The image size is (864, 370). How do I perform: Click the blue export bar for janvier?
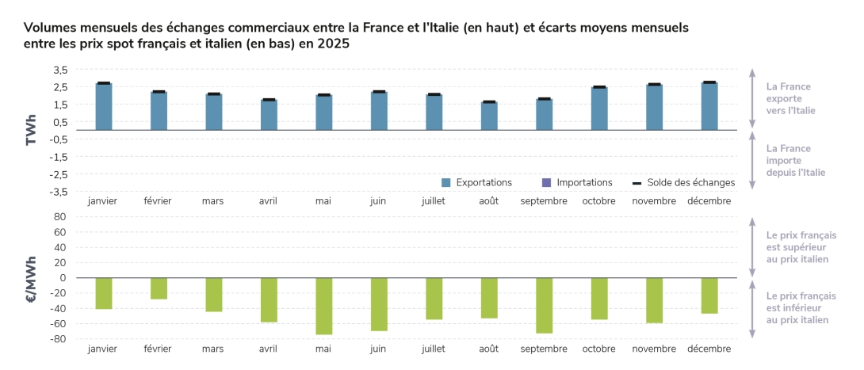(x=103, y=106)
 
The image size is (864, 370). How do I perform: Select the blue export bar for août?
(x=489, y=116)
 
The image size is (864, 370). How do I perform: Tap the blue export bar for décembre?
(x=709, y=106)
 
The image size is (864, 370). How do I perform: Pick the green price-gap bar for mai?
(x=323, y=306)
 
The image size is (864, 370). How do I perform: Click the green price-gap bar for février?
(x=159, y=288)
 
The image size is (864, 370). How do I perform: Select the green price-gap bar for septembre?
(x=544, y=305)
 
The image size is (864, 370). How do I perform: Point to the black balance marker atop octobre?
(x=599, y=87)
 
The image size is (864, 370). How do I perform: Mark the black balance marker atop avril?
(x=269, y=100)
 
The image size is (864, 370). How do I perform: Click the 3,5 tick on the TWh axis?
(x=61, y=70)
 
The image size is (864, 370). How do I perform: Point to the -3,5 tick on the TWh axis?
(x=59, y=192)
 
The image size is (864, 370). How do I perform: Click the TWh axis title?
(x=31, y=131)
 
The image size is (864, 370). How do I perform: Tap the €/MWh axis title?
(x=31, y=278)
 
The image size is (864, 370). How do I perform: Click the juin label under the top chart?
(x=378, y=201)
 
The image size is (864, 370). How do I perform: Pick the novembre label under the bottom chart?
(x=654, y=349)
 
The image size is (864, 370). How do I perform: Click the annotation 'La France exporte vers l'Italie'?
(x=789, y=98)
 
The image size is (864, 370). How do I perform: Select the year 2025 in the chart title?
(x=335, y=44)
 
